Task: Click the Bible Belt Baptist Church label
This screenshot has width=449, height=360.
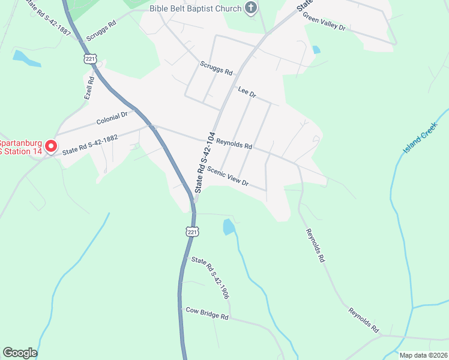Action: pos(195,8)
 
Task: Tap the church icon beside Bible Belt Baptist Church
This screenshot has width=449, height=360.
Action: pos(252,8)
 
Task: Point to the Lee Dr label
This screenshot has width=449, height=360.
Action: pos(247,92)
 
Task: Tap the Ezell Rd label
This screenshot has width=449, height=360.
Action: pos(89,88)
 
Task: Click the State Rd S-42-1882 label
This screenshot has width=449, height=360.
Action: pos(90,143)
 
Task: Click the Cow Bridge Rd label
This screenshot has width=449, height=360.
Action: pos(207,313)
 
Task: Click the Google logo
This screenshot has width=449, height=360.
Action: pos(20,353)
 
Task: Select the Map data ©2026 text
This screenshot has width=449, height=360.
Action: pos(423,355)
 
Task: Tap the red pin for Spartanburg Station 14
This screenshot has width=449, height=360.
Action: pos(51,146)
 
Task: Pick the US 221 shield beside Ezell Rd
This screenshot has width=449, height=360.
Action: pos(90,59)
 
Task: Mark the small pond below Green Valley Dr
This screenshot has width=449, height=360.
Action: pos(316,50)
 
